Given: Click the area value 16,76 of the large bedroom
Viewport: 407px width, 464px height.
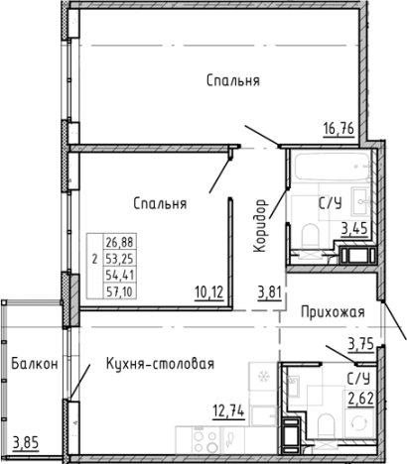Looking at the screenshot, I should [340, 126].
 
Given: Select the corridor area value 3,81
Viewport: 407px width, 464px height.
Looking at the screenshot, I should [270, 291].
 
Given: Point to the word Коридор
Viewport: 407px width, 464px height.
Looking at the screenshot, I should [261, 227].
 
